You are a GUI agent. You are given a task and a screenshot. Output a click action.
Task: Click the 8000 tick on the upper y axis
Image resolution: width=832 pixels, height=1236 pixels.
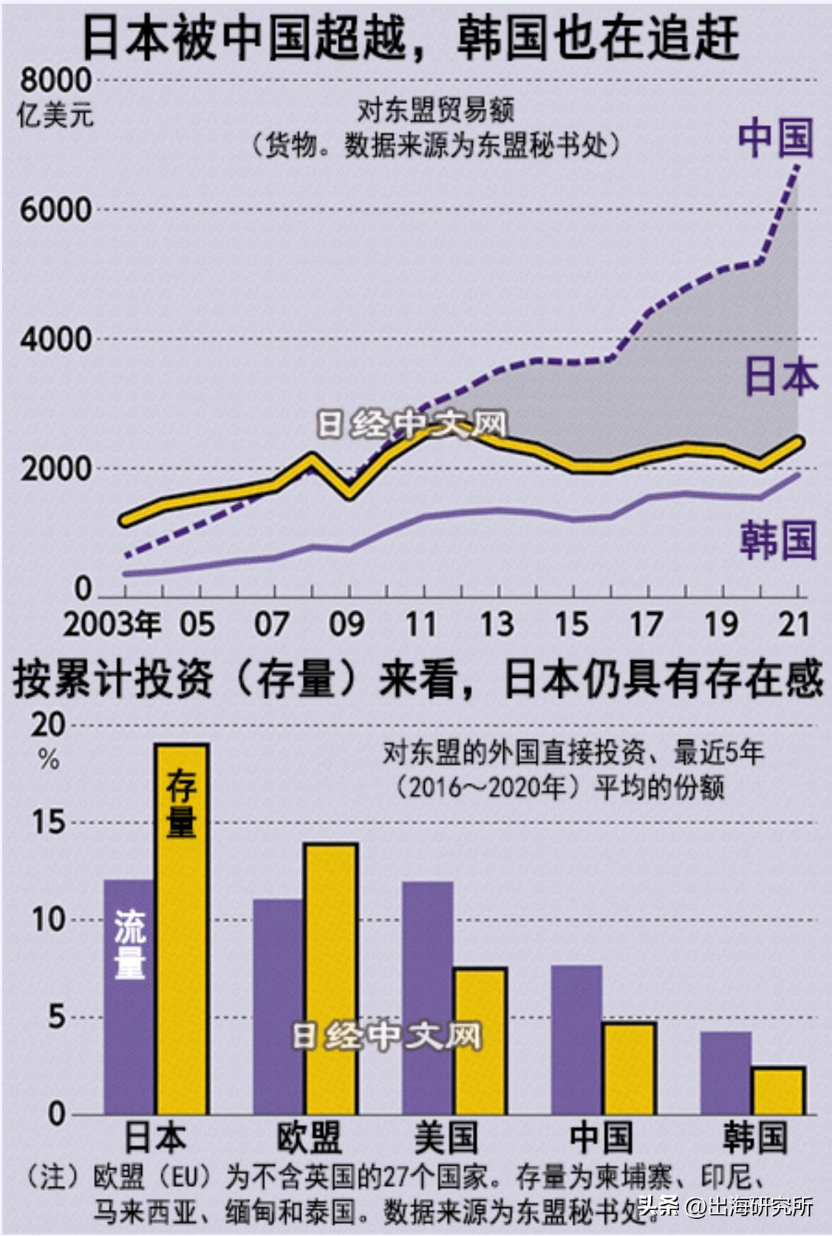coord(55,81)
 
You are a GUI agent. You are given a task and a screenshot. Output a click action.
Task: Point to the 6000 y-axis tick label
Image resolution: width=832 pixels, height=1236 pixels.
coord(55,210)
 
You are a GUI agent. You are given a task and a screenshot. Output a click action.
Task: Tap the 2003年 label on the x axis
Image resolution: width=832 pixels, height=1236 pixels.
coord(112,625)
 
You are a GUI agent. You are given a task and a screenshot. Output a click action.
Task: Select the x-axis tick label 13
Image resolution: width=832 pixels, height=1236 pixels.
coord(497,625)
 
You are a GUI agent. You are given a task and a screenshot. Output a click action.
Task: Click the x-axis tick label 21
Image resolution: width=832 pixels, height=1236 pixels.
coord(794,625)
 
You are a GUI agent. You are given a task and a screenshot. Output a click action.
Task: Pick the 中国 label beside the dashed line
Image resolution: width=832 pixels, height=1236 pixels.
coord(775,138)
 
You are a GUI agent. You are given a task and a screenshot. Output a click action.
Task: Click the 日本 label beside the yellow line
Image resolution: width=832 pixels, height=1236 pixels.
coord(780,376)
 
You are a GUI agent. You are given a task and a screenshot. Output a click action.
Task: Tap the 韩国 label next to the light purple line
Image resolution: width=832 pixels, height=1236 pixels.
coord(778,540)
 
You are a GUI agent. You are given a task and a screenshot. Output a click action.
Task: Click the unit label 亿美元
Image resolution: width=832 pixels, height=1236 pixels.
coord(55,115)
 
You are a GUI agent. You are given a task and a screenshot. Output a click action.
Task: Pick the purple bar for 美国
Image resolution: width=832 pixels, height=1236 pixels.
coord(428,998)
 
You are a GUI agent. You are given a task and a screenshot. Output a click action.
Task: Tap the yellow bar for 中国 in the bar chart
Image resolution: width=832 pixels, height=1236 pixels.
coord(629,1069)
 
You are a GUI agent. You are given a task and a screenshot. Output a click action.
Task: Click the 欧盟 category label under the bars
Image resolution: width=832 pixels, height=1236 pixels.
coord(309,1138)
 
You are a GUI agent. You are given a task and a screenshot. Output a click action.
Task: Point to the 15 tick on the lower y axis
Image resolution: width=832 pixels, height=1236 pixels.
coord(48,822)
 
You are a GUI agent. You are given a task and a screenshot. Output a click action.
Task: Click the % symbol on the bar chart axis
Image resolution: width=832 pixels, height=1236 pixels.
coord(49,760)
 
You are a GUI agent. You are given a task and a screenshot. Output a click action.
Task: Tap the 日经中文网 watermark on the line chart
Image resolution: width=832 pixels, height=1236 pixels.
coord(412,424)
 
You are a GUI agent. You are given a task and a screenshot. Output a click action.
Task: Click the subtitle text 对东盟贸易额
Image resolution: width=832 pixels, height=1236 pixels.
coord(435,111)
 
